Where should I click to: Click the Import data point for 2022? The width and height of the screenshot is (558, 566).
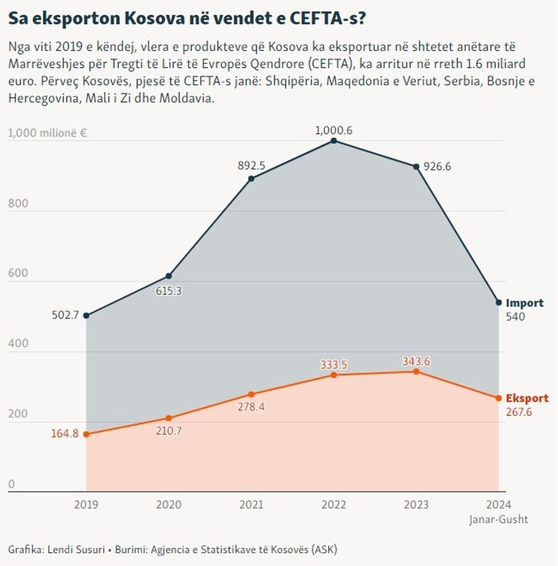(334, 141)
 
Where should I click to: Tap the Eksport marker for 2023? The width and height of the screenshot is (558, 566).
(416, 371)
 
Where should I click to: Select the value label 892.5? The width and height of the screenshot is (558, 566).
(251, 166)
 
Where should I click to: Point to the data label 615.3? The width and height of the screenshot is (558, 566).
(169, 290)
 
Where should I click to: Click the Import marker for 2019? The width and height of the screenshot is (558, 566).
(86, 315)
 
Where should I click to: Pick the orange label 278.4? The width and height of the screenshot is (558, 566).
(251, 407)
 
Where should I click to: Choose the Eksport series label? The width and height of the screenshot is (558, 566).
(527, 399)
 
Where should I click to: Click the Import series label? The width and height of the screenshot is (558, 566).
(524, 303)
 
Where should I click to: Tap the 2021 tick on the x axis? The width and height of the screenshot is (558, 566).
(251, 505)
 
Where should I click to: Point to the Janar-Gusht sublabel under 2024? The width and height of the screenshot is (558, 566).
(499, 519)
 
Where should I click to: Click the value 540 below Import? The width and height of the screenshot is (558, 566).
(515, 317)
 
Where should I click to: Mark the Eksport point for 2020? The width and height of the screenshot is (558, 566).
(169, 418)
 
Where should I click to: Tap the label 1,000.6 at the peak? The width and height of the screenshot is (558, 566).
(334, 130)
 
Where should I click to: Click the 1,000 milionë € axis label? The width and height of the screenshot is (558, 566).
(47, 133)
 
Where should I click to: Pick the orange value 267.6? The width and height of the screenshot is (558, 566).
(519, 412)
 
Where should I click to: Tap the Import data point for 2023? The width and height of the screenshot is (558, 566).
(416, 167)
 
